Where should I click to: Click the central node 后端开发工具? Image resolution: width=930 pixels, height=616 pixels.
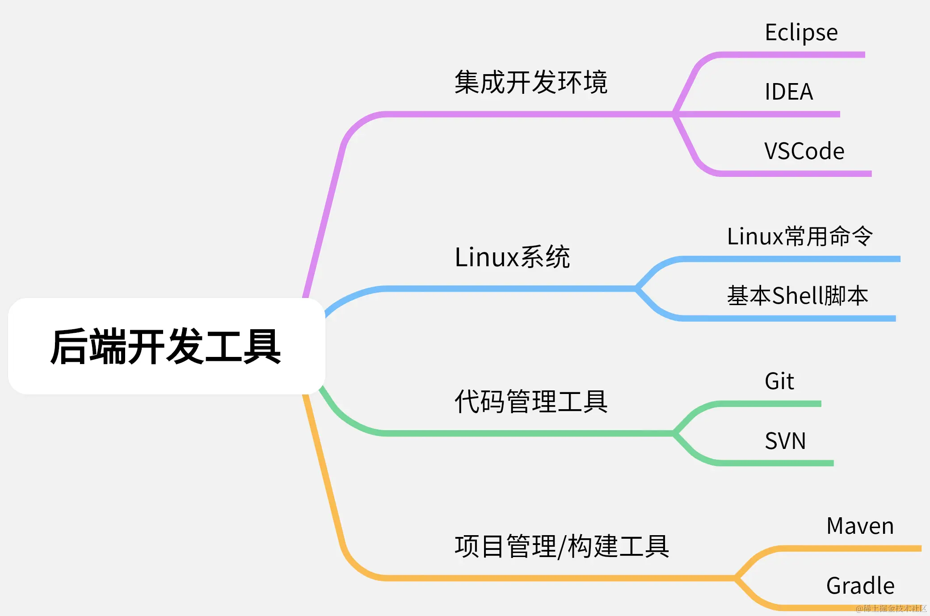point(166,346)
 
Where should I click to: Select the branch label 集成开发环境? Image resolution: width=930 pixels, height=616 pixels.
point(531,82)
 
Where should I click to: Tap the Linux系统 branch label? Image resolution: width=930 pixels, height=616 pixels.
point(512,257)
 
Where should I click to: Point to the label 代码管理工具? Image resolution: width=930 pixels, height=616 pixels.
point(531,401)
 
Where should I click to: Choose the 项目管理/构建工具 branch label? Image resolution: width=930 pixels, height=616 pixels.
point(562,546)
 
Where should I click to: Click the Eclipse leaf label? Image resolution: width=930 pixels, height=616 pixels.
point(801,33)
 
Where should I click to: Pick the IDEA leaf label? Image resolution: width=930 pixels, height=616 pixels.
point(789,92)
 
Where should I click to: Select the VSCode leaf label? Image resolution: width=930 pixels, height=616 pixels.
point(804,151)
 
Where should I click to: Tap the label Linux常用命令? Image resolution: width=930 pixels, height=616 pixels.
point(800,236)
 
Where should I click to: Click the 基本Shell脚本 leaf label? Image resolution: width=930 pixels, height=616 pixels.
point(798,296)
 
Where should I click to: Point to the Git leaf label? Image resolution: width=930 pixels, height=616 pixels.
point(779,381)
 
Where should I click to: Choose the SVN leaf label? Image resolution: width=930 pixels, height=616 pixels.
point(785,441)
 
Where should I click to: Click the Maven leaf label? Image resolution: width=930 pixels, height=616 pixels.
point(860,526)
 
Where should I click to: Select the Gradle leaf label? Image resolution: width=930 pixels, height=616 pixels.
point(860,586)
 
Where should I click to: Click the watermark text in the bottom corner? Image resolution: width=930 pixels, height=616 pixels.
point(891,608)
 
